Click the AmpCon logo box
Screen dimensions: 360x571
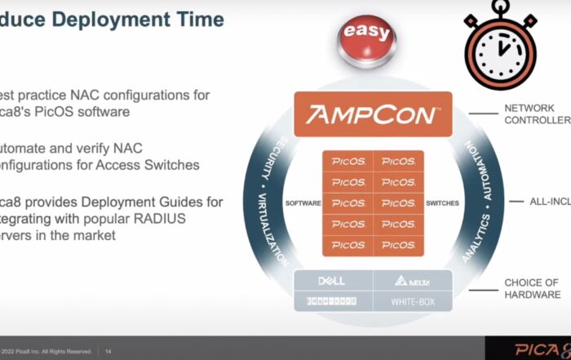click(372, 115)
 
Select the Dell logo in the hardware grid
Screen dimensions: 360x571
click(331, 281)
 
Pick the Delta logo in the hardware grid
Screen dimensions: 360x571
click(412, 281)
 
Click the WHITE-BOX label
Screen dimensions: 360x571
click(412, 301)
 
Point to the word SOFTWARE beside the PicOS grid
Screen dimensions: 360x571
click(303, 202)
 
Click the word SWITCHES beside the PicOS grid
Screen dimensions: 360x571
click(442, 202)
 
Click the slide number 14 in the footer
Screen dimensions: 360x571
click(108, 352)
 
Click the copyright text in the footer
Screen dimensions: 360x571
click(46, 352)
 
